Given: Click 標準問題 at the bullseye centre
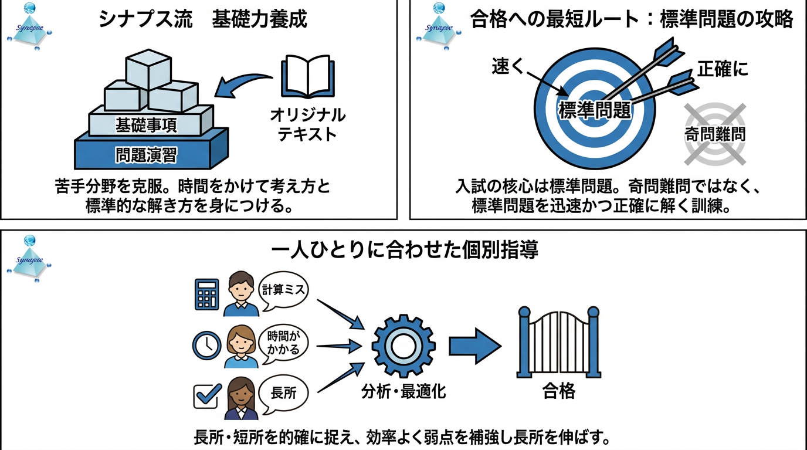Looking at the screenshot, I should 595,110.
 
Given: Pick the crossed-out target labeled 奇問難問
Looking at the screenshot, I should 715,134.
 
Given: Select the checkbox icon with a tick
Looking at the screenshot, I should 207,396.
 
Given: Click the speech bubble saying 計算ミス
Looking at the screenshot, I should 283,289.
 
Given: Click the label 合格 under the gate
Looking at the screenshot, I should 558,391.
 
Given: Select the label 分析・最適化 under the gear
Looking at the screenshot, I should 403,391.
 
